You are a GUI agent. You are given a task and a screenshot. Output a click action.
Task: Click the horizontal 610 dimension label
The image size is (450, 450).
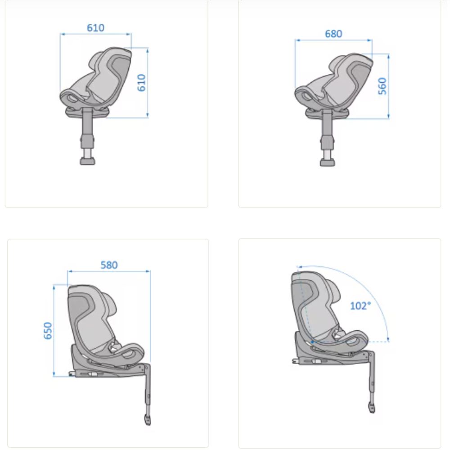(95, 28)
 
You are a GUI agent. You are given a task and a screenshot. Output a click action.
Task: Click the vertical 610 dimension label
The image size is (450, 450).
(141, 83)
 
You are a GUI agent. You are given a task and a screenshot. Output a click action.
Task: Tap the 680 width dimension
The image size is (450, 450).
(333, 34)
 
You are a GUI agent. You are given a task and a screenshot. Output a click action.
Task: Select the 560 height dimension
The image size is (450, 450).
(382, 86)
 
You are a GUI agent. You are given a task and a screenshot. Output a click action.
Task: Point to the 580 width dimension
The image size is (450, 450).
(109, 265)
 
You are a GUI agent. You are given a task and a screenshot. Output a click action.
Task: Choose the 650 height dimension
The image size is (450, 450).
(48, 331)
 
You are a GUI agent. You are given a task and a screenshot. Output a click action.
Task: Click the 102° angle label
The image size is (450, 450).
(360, 306)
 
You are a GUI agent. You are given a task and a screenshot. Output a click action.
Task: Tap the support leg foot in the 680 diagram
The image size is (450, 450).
(327, 162)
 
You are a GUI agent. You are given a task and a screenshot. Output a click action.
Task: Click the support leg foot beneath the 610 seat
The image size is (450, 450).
(87, 161)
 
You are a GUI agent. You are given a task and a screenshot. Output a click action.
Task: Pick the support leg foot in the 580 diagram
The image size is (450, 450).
(148, 420)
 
